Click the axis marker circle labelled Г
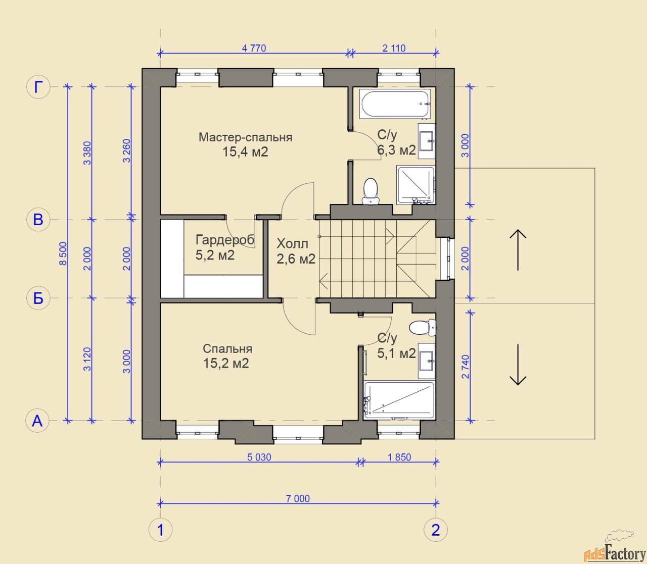[38, 87]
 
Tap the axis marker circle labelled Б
[38, 298]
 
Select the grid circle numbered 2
[435, 530]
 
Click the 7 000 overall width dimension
[298, 499]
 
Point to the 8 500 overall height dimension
[64, 253]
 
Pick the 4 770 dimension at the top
[254, 48]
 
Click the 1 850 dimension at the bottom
[399, 457]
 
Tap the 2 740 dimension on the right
[466, 367]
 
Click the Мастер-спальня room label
[245, 137]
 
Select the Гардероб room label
[225, 240]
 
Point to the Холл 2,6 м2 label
[296, 251]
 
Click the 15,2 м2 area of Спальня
[226, 364]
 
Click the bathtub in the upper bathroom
[395, 104]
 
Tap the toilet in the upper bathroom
[371, 191]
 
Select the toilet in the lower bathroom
[423, 328]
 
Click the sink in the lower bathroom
[427, 361]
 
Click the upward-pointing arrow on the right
[518, 250]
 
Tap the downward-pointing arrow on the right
[518, 365]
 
